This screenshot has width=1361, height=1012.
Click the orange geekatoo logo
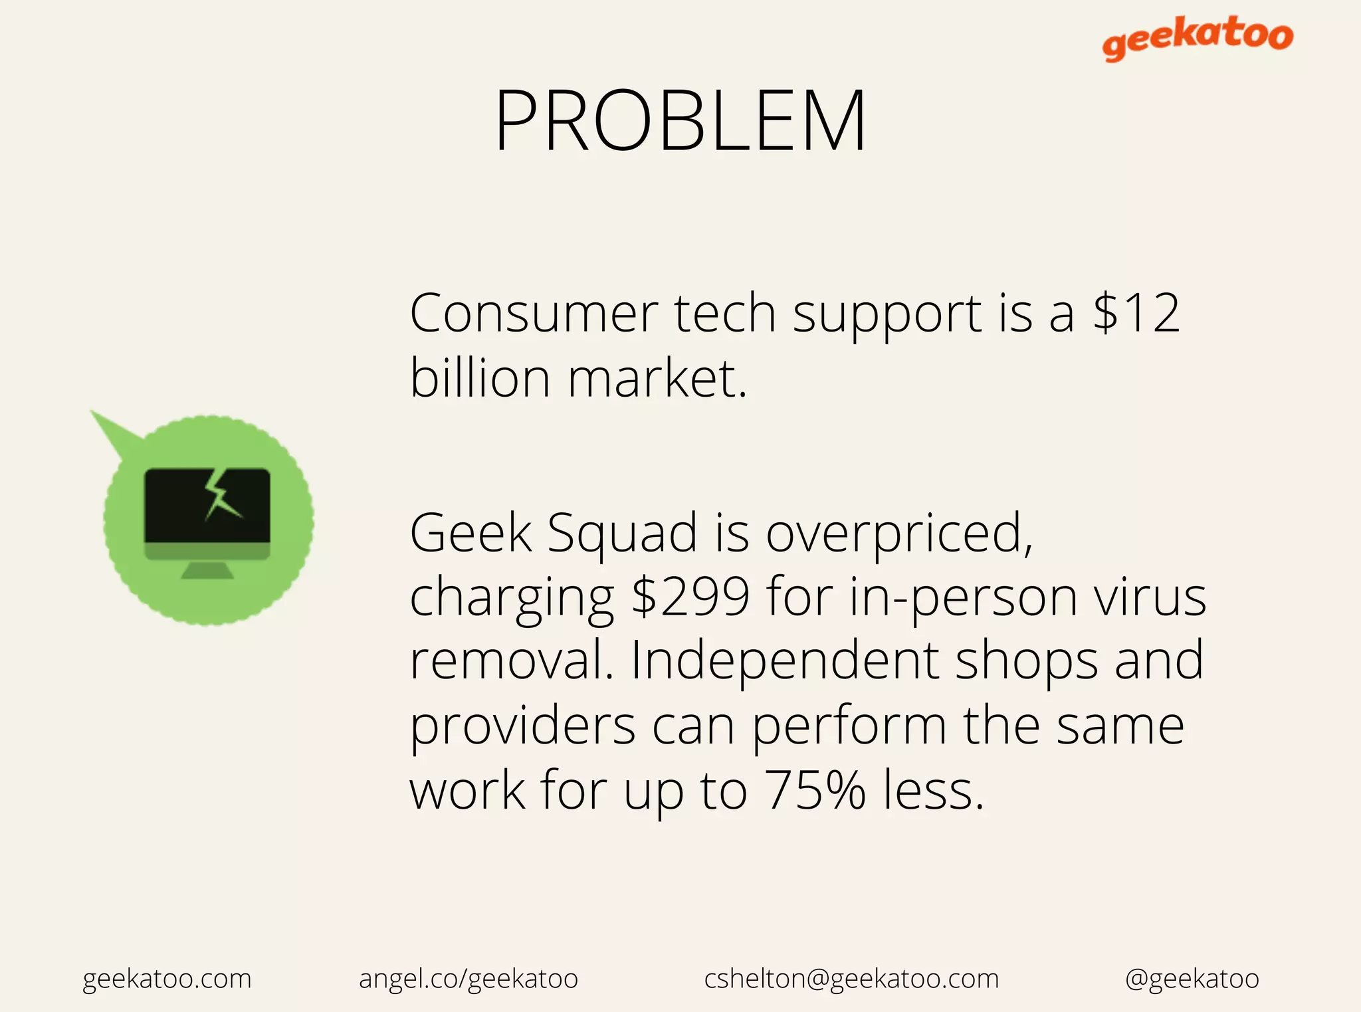(1198, 37)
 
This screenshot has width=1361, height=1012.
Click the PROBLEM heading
(680, 122)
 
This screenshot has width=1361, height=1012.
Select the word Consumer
(534, 314)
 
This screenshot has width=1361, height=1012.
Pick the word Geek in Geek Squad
(471, 533)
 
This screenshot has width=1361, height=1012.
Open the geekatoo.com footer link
(167, 979)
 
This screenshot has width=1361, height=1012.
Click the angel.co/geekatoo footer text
(469, 979)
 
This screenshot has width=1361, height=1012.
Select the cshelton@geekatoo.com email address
(851, 979)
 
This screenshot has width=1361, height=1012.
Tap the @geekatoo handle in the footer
(1192, 979)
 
